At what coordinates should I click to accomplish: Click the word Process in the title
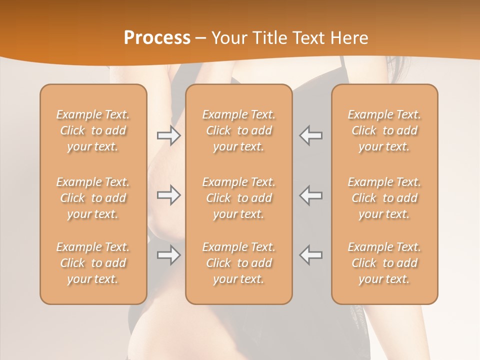[x=157, y=38]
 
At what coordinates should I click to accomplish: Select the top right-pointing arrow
[x=168, y=135]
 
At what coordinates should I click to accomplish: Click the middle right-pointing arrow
[x=168, y=195]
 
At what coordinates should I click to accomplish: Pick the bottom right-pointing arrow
[x=168, y=255]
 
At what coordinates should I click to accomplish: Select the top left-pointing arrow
[x=310, y=135]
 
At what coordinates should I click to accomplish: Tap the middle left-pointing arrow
[x=310, y=195]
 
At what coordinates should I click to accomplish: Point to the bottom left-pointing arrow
[x=310, y=255]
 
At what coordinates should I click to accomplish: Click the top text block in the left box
[x=93, y=130]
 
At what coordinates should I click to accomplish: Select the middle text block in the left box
[x=93, y=198]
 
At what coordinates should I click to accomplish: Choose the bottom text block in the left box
[x=93, y=263]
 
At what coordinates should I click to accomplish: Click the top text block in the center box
[x=238, y=130]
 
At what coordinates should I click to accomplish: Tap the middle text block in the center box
[x=238, y=198]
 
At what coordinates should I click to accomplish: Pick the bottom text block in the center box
[x=238, y=263]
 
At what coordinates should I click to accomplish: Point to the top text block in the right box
[x=384, y=130]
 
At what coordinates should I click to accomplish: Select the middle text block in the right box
[x=384, y=198]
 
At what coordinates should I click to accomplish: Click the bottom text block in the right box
[x=384, y=263]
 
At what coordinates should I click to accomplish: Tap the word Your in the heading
[x=227, y=38]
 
